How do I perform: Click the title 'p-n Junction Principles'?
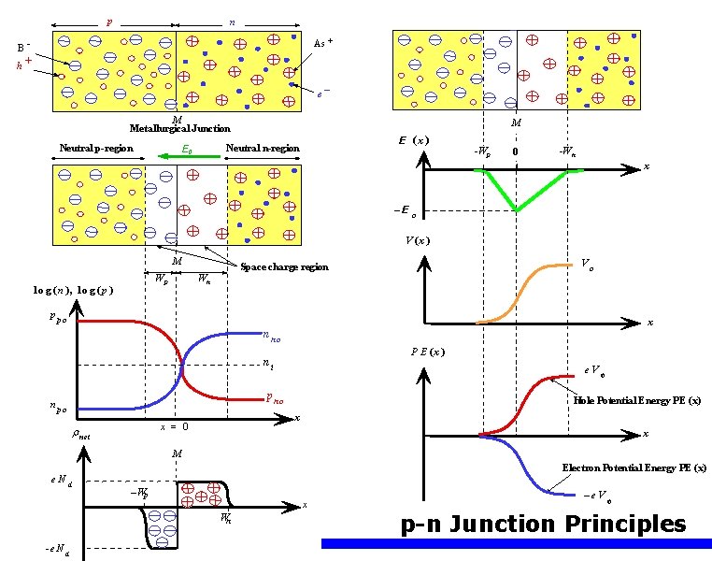click(x=543, y=524)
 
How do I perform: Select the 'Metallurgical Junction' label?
click(x=179, y=129)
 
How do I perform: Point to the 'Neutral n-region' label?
click(x=263, y=149)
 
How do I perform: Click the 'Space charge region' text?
click(x=284, y=267)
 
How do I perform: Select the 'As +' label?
click(x=323, y=43)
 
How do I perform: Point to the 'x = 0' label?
click(x=175, y=426)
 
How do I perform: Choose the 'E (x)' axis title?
click(x=412, y=140)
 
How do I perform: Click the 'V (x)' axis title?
click(x=418, y=240)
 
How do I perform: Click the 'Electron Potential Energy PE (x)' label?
click(x=634, y=467)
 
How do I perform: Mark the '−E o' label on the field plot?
click(x=404, y=210)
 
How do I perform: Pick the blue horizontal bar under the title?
click(x=516, y=543)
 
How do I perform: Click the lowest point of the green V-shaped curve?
click(x=516, y=209)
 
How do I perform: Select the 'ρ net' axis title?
click(x=81, y=434)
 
